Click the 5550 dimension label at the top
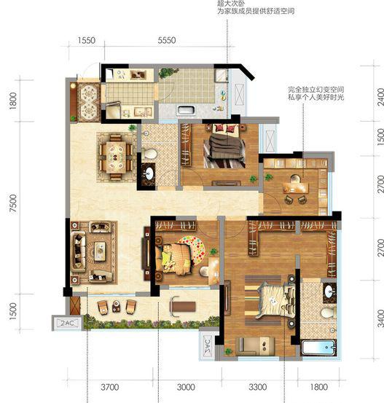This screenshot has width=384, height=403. (x=167, y=40)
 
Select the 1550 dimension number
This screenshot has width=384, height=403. (x=87, y=40)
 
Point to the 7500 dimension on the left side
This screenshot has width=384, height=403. (x=13, y=203)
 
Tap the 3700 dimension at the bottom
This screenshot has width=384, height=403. (x=109, y=387)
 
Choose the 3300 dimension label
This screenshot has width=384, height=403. (x=257, y=387)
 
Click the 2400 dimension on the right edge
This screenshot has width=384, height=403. (x=380, y=97)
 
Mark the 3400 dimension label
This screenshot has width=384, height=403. (x=380, y=318)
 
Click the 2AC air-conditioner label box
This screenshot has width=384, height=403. (x=67, y=323)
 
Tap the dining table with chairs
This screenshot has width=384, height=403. (x=116, y=157)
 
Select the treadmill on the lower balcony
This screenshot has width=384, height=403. (x=182, y=307)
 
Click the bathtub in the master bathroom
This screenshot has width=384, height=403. (x=319, y=347)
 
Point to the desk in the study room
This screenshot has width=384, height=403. (x=296, y=187)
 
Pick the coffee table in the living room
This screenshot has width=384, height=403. (x=100, y=251)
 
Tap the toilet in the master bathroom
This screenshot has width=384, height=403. (x=329, y=313)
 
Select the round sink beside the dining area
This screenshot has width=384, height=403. (x=149, y=173)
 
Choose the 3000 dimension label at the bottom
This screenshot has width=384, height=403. (x=186, y=387)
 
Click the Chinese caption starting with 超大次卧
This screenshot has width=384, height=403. (x=256, y=7)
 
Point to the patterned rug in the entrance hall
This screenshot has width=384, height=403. (x=89, y=102)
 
